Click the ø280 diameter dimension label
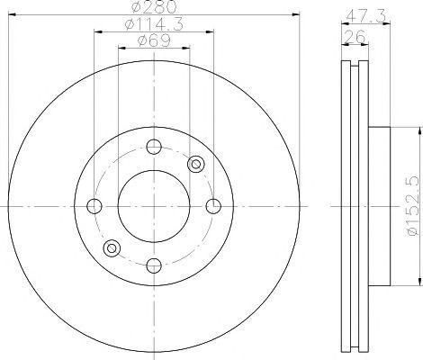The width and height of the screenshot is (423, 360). (x=154, y=6)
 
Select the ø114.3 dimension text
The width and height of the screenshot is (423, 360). (x=155, y=24)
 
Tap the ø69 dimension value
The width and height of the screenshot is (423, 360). (x=154, y=40)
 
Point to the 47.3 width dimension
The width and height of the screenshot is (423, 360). (x=365, y=16)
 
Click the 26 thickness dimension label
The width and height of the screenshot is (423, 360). (x=355, y=37)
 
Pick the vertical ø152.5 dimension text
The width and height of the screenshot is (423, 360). (x=412, y=206)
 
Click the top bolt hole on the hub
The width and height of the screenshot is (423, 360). (x=154, y=147)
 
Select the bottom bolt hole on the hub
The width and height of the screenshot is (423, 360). (x=154, y=265)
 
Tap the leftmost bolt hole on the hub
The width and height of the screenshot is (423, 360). (x=94, y=206)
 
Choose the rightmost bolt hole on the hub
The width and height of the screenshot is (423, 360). (x=213, y=206)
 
